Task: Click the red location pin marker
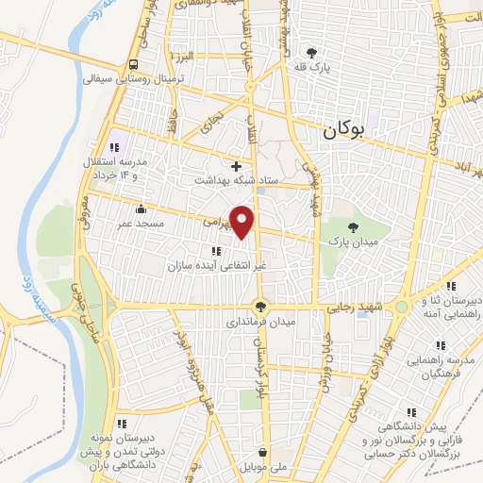tap(242, 222)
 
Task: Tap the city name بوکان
tap(341, 133)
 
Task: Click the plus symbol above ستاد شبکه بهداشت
tap(236, 166)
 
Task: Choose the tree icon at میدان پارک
tap(353, 227)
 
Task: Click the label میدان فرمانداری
tap(260, 322)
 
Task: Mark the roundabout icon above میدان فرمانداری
tap(261, 306)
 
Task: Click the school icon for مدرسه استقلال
tap(115, 147)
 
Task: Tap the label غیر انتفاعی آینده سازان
tap(215, 265)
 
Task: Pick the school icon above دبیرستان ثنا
tap(451, 286)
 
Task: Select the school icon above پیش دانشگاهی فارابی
tap(410, 411)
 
